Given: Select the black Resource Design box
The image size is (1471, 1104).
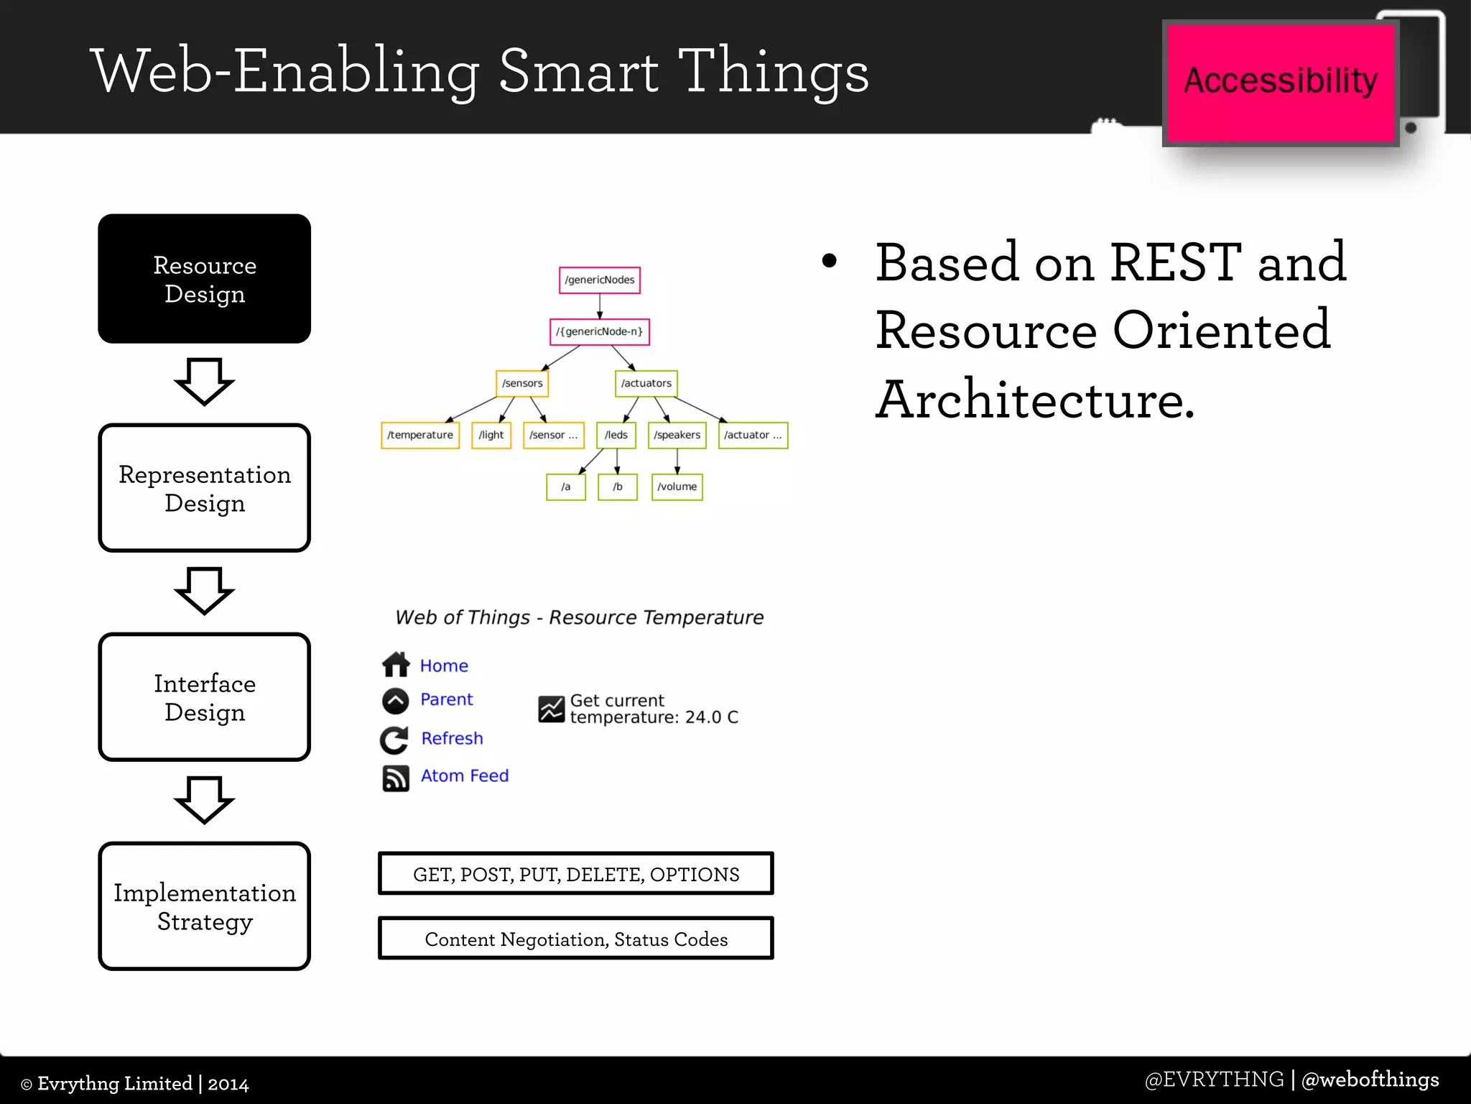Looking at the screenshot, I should [205, 279].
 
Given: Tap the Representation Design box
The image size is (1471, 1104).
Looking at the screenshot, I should [205, 488].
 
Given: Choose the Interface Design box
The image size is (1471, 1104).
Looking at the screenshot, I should [205, 697].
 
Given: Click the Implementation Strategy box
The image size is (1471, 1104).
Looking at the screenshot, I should [205, 906].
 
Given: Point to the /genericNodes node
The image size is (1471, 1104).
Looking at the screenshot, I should [600, 280].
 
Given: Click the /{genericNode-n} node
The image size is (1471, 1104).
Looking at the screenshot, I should [600, 332].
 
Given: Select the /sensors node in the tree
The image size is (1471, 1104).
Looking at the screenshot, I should [522, 384].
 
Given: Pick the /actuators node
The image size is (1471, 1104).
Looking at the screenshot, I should [646, 384].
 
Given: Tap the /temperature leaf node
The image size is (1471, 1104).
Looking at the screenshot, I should [420, 436].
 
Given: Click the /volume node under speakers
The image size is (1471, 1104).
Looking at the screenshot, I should [677, 487].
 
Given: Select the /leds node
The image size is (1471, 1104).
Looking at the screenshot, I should [616, 436].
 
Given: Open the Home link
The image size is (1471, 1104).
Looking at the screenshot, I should [444, 666].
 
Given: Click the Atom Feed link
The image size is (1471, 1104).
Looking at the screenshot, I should [465, 776].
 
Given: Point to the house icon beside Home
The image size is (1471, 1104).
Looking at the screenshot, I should [396, 665].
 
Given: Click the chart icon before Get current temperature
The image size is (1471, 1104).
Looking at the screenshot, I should [552, 709].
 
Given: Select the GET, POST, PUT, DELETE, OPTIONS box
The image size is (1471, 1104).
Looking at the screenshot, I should [576, 874].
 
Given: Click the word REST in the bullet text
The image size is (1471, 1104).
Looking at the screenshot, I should [1176, 263].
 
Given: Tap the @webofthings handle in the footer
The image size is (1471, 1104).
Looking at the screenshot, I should [1370, 1080].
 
